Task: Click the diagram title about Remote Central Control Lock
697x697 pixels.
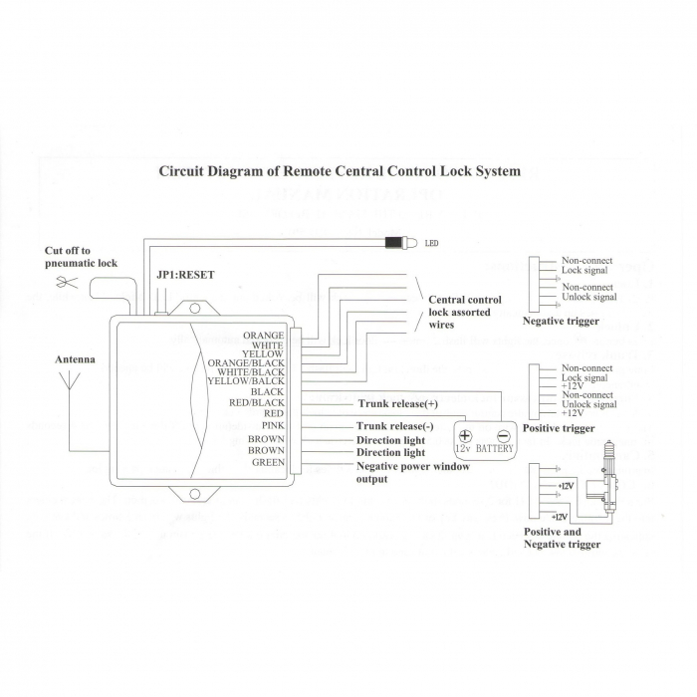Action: [x=340, y=171]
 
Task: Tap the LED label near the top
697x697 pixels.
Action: [x=431, y=242]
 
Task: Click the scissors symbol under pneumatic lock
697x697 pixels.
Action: [x=68, y=283]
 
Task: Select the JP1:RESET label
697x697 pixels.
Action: [x=185, y=275]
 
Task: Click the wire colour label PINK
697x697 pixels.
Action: [x=273, y=426]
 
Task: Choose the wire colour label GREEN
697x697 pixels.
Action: [x=268, y=462]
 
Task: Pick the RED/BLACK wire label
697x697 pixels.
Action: [x=257, y=402]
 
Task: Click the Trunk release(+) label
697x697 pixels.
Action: [x=397, y=404]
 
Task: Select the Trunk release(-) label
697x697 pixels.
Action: [x=396, y=426]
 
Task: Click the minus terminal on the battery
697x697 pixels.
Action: [x=503, y=435]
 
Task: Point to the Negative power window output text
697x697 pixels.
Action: [x=412, y=472]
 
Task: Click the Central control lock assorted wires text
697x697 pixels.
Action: [x=464, y=312]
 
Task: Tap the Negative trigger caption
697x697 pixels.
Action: [x=561, y=321]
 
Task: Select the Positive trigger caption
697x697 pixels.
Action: [x=559, y=428]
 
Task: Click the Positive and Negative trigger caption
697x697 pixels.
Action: [x=563, y=538]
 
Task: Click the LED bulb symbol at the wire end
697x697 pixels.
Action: [x=394, y=241]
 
